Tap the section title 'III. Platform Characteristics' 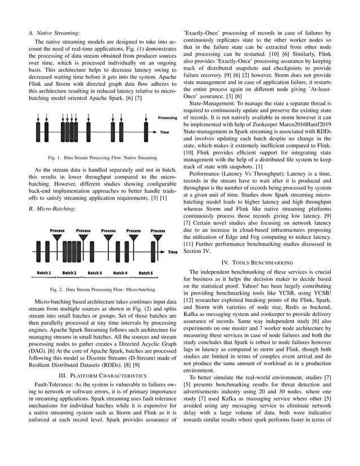(100, 375)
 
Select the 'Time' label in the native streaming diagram (164, 133)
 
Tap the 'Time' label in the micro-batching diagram (173, 252)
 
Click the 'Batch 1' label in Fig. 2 (45, 273)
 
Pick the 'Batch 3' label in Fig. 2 (95, 273)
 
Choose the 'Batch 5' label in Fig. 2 (146, 273)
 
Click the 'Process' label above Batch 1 (57, 231)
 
